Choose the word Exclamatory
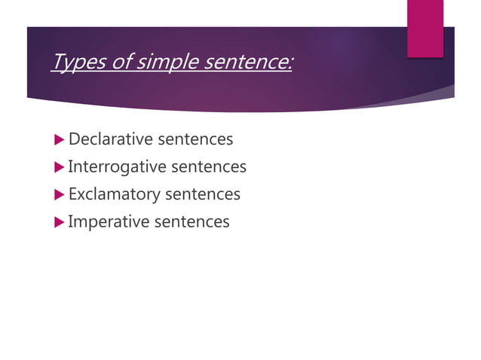(114, 194)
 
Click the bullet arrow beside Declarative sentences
(60, 140)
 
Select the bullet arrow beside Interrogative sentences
(60, 167)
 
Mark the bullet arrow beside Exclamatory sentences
(60, 194)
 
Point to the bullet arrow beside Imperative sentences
(60, 221)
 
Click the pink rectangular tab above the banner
(425, 27)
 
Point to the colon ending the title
(290, 63)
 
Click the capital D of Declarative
(74, 139)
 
